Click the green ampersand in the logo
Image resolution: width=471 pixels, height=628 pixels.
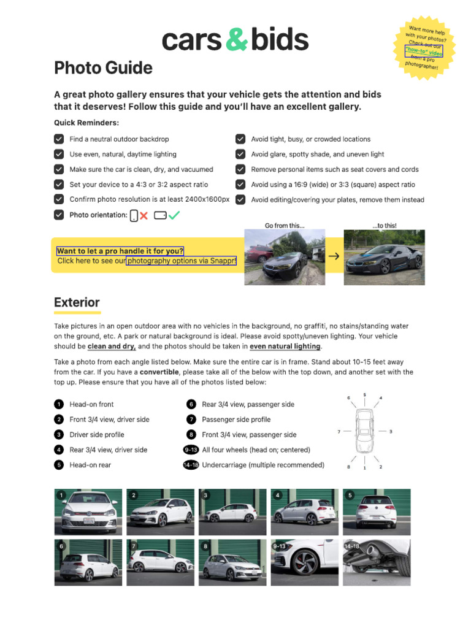[236, 40]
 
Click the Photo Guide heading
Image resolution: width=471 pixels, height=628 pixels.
[103, 67]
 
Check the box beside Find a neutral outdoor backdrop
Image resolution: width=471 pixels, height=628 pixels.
[59, 139]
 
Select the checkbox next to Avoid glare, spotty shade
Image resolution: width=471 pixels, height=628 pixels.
[240, 155]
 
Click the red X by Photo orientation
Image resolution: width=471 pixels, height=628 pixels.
[144, 215]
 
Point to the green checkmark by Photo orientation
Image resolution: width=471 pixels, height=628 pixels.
[174, 215]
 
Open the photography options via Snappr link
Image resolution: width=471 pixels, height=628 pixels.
[182, 261]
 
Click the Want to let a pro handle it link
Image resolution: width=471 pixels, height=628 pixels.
[120, 251]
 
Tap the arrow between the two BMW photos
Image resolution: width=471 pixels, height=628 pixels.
[334, 256]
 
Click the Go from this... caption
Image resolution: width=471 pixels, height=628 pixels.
[285, 226]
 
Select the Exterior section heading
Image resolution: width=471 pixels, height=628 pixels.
[77, 302]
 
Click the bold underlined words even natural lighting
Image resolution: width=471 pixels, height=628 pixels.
[285, 347]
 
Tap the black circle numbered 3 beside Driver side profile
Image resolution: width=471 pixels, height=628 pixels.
[58, 435]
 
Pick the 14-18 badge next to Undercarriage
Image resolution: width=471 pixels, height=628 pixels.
[191, 465]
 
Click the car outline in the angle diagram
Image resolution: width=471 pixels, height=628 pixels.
[364, 432]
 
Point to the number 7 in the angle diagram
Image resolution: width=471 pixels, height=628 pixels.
[339, 432]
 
